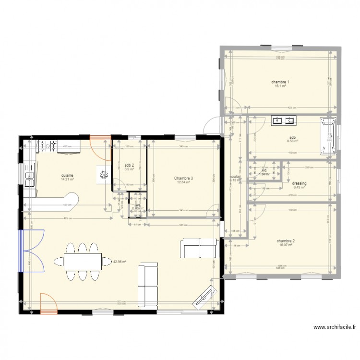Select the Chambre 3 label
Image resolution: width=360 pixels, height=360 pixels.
[184, 178]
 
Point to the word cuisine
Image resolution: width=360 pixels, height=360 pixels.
[67, 175]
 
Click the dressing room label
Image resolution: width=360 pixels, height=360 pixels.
[299, 183]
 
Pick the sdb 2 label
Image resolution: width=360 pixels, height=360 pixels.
[129, 165]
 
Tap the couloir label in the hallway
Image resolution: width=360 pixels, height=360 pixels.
[235, 176]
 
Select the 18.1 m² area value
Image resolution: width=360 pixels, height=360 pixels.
[280, 86]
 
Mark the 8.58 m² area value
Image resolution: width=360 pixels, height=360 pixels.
[292, 141]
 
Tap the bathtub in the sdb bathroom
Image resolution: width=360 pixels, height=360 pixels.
[329, 136]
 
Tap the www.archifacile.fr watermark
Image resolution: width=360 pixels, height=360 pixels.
[335, 327]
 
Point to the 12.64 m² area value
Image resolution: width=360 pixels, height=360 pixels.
[184, 182]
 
